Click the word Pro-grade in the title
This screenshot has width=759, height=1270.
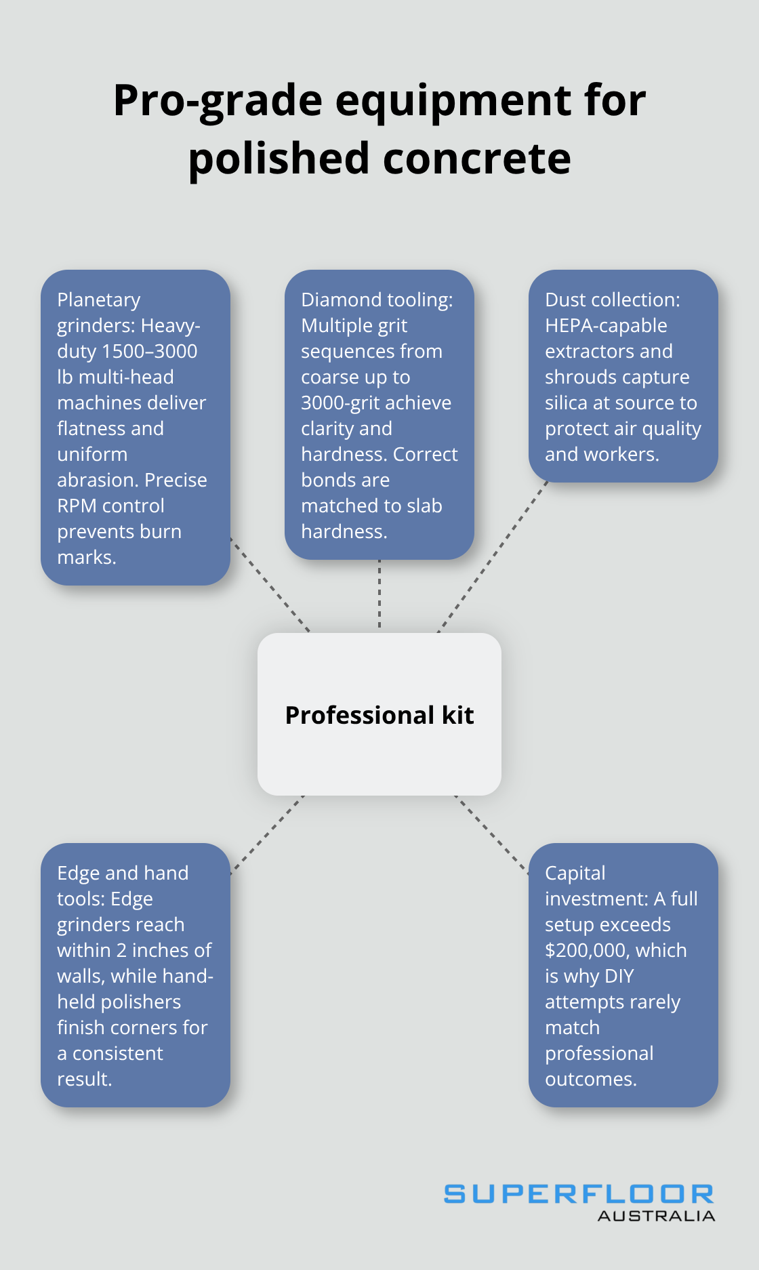point(218,101)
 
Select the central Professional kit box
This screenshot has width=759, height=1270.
point(379,714)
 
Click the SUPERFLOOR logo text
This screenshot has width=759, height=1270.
point(579,1194)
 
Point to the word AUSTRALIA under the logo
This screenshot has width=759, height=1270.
point(656,1216)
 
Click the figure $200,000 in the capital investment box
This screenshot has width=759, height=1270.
point(587,950)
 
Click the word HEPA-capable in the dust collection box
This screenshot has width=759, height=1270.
point(606,325)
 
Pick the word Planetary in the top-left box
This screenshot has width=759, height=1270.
point(99,300)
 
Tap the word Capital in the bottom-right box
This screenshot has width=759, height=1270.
point(575,873)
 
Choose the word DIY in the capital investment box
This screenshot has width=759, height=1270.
point(619,976)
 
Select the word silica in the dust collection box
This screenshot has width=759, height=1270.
point(567,403)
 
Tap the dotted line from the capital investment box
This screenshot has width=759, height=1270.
point(492,834)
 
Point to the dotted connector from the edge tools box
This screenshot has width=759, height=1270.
point(267,835)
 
